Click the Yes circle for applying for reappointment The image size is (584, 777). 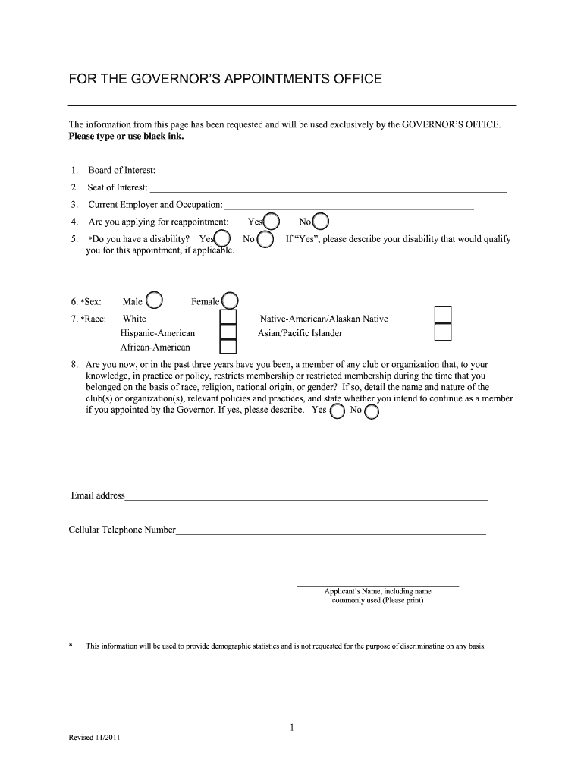[272, 222]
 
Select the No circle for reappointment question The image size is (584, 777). [321, 222]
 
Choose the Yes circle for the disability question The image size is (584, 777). [222, 239]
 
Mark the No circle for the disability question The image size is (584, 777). [265, 240]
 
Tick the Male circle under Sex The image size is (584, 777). [154, 301]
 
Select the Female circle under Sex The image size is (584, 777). [230, 301]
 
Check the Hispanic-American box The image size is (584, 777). [228, 332]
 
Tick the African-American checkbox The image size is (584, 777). [228, 347]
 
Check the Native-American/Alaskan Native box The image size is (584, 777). [443, 315]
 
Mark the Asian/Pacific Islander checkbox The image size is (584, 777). [443, 332]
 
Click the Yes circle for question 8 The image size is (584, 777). [338, 411]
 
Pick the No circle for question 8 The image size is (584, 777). [372, 411]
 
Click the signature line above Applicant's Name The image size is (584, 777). [377, 586]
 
